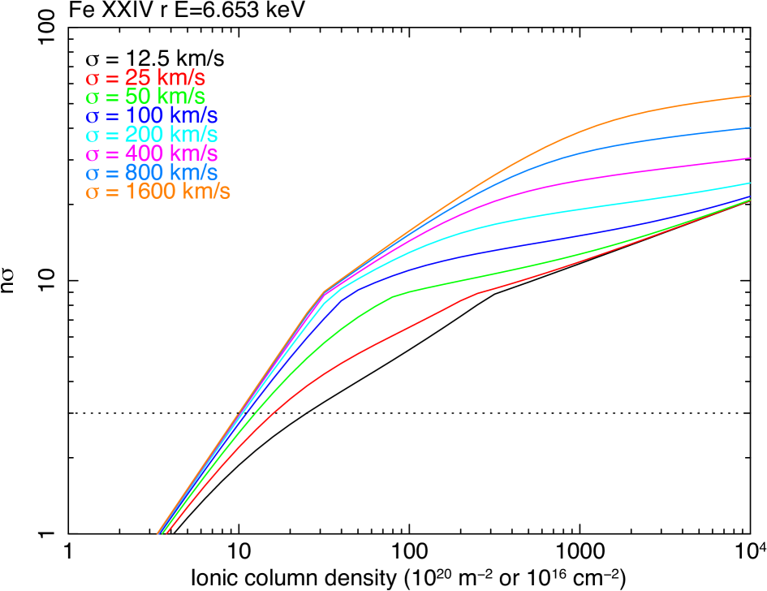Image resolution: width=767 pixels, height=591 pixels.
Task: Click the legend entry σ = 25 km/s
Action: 145,79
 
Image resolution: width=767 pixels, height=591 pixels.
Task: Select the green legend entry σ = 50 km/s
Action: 145,97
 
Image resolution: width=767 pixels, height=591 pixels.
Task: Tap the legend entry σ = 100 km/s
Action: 151,116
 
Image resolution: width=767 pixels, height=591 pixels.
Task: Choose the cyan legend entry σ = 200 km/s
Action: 151,135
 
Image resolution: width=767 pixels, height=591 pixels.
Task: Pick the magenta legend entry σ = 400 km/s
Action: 151,153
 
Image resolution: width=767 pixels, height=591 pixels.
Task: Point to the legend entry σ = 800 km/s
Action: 151,173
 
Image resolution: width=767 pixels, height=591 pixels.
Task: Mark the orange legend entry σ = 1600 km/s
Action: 157,192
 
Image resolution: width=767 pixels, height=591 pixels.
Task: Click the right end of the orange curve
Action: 749,96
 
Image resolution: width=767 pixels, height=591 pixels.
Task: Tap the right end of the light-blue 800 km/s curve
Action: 749,127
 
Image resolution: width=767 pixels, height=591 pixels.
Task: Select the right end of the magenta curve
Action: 749,158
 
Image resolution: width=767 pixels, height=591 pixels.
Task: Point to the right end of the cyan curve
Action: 749,183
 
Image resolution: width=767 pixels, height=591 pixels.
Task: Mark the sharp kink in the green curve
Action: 393,296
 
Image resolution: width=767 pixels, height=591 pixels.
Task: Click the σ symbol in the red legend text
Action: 93,80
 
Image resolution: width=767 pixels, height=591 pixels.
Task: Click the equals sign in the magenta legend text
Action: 112,153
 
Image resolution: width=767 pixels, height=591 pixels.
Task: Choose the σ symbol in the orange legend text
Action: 93,193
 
